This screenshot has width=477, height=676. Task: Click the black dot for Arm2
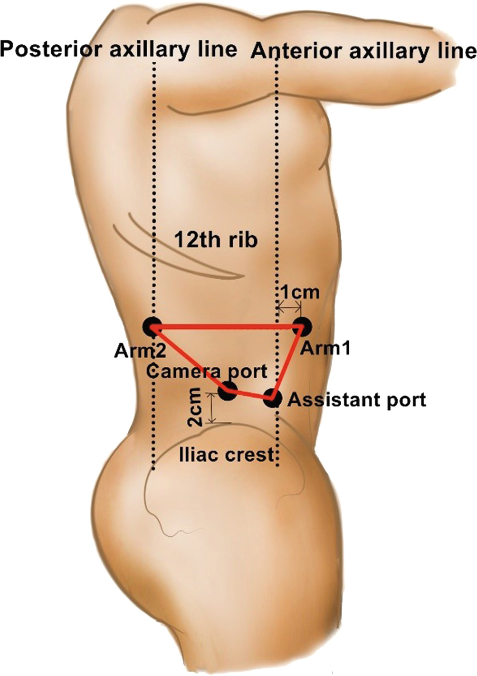153,327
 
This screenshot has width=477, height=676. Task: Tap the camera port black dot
228,390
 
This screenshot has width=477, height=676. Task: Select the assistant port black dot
271,398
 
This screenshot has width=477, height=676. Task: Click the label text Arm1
326,349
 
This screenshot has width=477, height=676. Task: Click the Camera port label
207,371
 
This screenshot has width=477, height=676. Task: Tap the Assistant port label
357,400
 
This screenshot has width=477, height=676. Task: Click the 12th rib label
216,240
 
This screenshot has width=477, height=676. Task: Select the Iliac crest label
227,455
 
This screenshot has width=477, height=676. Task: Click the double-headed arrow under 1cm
289,309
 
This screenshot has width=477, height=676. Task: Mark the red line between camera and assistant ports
249,394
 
